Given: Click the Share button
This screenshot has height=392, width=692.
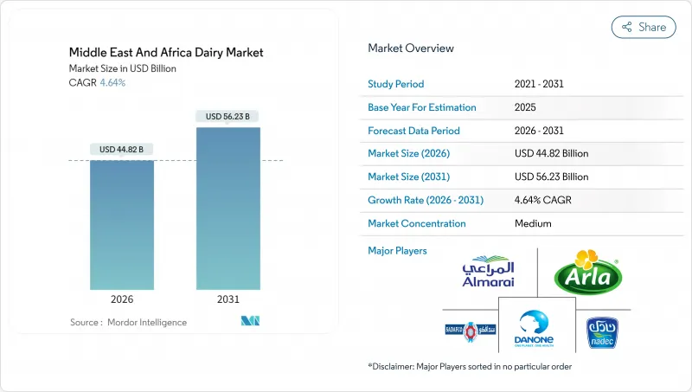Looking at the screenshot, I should click(644, 27).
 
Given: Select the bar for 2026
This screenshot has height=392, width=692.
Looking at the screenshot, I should click(121, 225).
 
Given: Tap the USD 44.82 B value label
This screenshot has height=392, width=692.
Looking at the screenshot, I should click(121, 150).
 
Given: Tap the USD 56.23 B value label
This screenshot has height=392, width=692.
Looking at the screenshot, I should click(227, 117).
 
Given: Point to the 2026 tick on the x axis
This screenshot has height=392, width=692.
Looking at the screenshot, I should click(121, 299).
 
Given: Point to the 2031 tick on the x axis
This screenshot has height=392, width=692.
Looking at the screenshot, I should click(227, 299).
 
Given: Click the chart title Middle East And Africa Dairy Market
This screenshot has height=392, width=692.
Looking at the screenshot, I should click(166, 53).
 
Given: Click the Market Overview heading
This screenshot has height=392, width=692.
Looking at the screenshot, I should click(410, 48).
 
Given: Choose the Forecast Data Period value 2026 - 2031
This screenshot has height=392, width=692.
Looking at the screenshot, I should click(541, 131).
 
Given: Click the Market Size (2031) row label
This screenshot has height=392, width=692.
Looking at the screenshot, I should click(414, 177).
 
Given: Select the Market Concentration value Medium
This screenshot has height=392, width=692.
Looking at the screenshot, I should click(533, 223).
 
